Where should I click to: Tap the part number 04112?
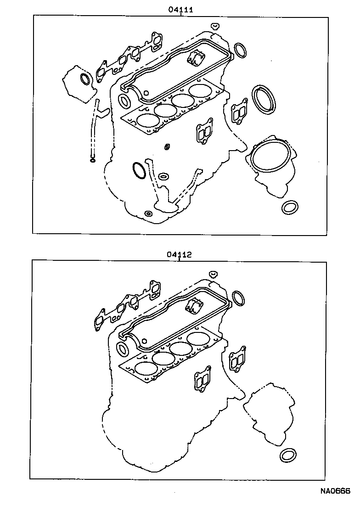(179, 254)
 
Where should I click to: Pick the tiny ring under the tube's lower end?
(92, 160)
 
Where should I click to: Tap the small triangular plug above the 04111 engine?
(215, 25)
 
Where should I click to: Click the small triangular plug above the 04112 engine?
(213, 274)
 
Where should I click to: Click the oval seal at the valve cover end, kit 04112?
(123, 349)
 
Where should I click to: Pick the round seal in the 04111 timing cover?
(85, 79)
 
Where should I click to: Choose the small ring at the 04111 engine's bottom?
(147, 214)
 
